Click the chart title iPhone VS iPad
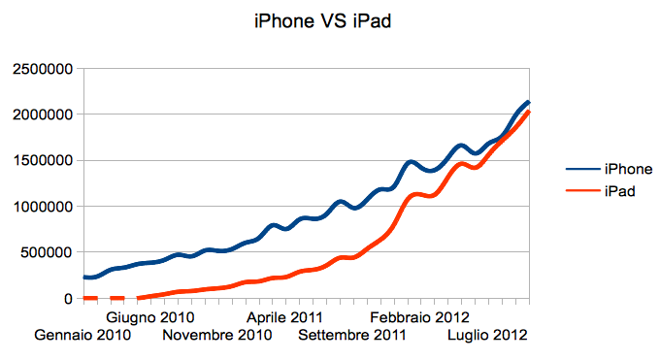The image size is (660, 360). [x=321, y=21]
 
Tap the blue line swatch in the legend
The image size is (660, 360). [x=566, y=169]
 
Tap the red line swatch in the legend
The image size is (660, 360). [x=566, y=192]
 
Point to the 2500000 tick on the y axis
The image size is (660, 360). [x=41, y=69]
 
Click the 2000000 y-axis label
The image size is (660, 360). [x=41, y=115]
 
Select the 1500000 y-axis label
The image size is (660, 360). [x=41, y=160]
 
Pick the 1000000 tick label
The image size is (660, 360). [x=41, y=207]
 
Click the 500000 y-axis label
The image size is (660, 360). [x=45, y=252]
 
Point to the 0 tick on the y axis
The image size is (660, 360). [x=69, y=299]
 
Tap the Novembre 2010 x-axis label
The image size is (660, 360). [x=216, y=336]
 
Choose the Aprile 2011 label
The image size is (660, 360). [x=284, y=317]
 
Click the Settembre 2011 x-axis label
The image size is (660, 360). [x=351, y=336]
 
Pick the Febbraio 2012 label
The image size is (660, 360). [x=420, y=317]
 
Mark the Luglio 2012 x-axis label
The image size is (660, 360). [x=487, y=336]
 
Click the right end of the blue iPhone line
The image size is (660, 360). [x=528, y=102]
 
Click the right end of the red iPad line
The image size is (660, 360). [x=528, y=113]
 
